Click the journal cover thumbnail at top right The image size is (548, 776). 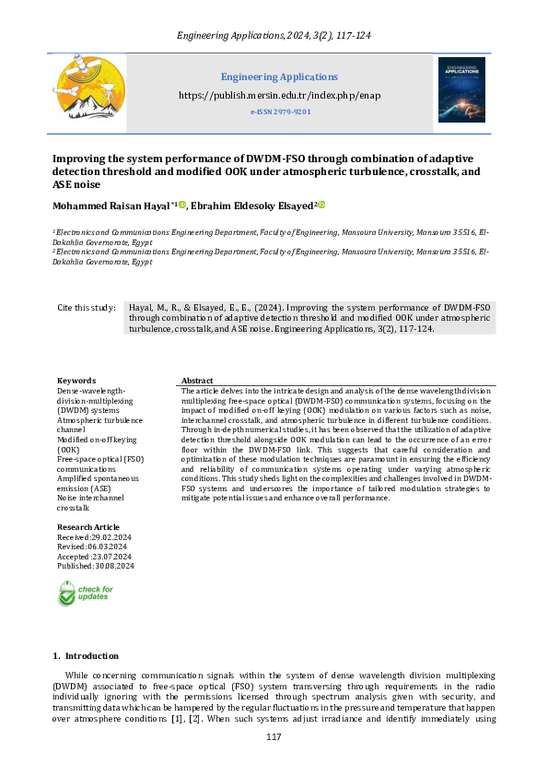[461, 89]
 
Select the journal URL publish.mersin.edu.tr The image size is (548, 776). [279, 95]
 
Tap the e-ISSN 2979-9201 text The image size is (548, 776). [280, 112]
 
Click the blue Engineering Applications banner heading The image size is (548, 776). [279, 76]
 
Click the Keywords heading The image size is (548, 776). [76, 381]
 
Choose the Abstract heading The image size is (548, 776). [197, 381]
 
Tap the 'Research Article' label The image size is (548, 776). [88, 527]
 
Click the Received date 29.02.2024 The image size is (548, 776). [95, 537]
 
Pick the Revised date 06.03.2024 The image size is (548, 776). [92, 547]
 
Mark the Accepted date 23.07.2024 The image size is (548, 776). [94, 557]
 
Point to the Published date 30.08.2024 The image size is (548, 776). [96, 566]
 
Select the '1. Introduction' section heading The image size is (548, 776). [85, 655]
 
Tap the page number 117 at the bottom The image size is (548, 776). [274, 737]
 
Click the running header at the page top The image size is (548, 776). [274, 36]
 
